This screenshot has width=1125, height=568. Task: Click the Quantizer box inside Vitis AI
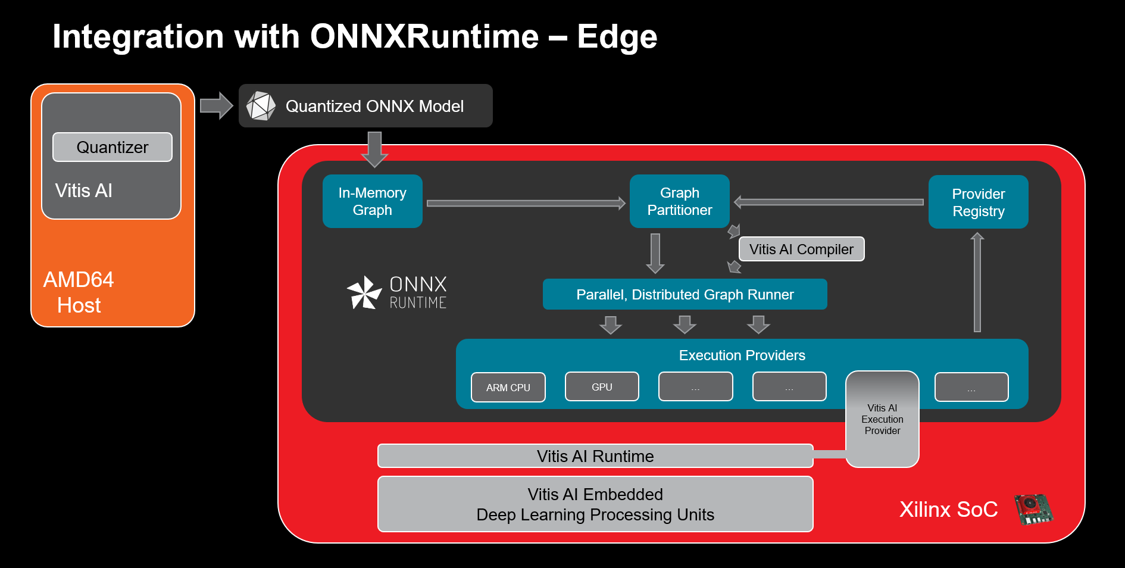[112, 147]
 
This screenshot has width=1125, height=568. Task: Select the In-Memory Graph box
[373, 201]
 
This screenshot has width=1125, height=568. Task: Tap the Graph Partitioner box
[680, 201]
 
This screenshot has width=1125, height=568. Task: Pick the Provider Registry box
[978, 202]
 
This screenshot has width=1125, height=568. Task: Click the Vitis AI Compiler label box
[801, 249]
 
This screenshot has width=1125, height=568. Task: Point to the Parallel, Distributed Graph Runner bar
[685, 294]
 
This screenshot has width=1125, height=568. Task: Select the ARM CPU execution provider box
[508, 388]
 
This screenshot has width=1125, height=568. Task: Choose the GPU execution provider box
[602, 387]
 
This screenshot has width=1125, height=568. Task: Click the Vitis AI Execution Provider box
[882, 419]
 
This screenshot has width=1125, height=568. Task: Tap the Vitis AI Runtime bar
[595, 456]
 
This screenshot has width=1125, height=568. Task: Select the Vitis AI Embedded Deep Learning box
[595, 504]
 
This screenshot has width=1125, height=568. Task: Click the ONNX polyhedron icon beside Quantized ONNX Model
[261, 106]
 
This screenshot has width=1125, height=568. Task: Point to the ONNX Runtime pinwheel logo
[364, 292]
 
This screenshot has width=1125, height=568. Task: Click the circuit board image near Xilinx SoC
[1033, 509]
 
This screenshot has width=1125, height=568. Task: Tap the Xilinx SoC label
[948, 510]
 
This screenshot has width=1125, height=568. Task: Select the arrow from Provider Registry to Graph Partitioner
[829, 202]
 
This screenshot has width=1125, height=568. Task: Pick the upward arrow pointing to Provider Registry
[977, 282]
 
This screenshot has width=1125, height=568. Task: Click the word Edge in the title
[617, 37]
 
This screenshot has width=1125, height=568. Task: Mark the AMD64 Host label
[79, 292]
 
